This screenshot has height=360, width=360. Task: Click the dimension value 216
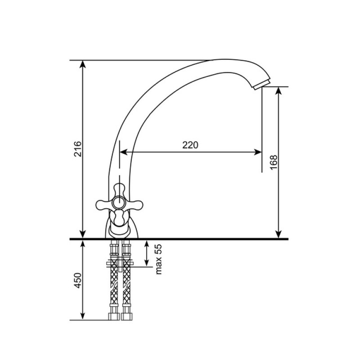(77, 149)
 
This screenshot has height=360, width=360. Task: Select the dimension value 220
(190, 145)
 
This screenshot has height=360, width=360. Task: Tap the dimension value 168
(274, 162)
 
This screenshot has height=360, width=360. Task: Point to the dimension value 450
(77, 280)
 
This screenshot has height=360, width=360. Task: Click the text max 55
(158, 259)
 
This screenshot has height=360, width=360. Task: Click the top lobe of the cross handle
(119, 190)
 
